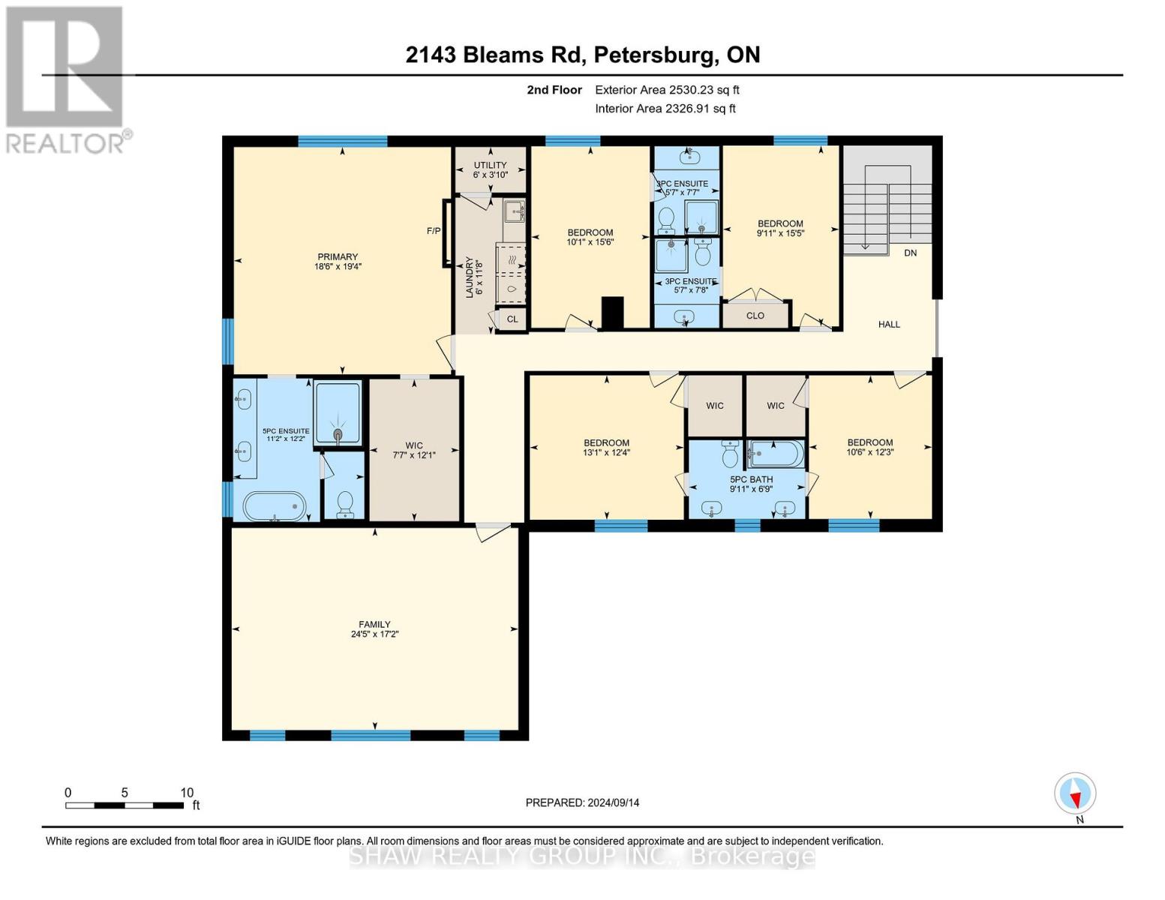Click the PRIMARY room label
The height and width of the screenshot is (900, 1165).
[x=338, y=257]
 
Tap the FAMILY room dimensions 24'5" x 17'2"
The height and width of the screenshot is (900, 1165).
[x=374, y=634]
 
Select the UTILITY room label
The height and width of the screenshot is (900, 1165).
[x=490, y=165]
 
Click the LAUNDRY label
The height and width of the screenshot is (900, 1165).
[x=470, y=277]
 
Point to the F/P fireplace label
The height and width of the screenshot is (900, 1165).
[x=434, y=231]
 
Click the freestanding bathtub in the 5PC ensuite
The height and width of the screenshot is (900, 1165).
[x=275, y=506]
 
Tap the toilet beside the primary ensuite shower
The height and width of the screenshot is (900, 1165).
[x=345, y=503]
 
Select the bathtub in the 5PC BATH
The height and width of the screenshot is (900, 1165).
[x=776, y=454]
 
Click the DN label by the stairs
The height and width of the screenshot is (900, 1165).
[x=910, y=253]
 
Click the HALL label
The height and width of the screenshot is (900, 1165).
[x=889, y=325]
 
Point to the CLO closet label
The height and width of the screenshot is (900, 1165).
[x=755, y=316]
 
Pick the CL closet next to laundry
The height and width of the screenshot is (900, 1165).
[x=512, y=319]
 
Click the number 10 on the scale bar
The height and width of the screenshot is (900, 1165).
[x=187, y=793]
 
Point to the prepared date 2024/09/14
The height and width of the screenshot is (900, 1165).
[x=582, y=802]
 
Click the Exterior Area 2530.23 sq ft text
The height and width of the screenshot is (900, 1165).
[x=667, y=90]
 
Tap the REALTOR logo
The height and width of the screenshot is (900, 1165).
[x=66, y=79]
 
